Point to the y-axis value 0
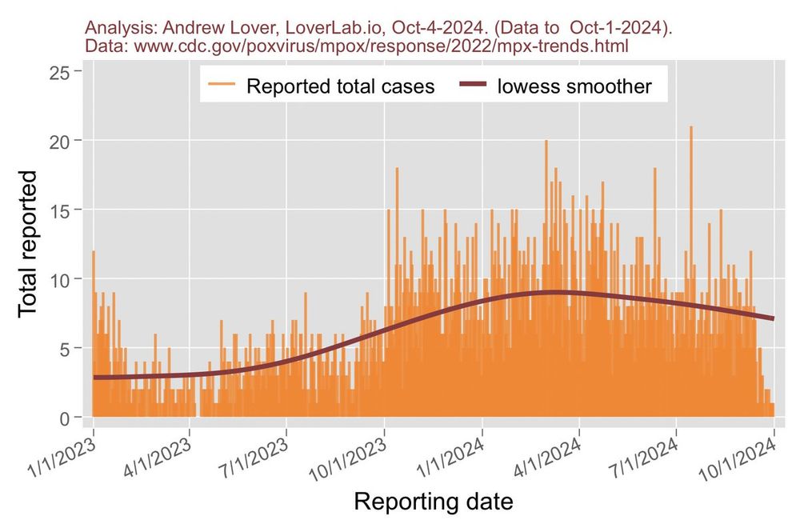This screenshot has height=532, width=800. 65,418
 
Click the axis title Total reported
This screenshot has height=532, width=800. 27,242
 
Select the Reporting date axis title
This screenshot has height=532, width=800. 433,502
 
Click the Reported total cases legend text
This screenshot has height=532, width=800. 340,86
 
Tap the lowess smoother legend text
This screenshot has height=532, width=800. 574,86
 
